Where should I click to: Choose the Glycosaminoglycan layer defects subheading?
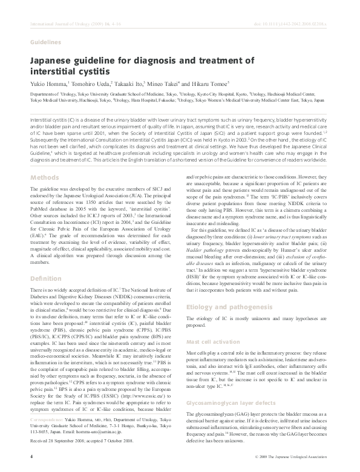233,402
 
